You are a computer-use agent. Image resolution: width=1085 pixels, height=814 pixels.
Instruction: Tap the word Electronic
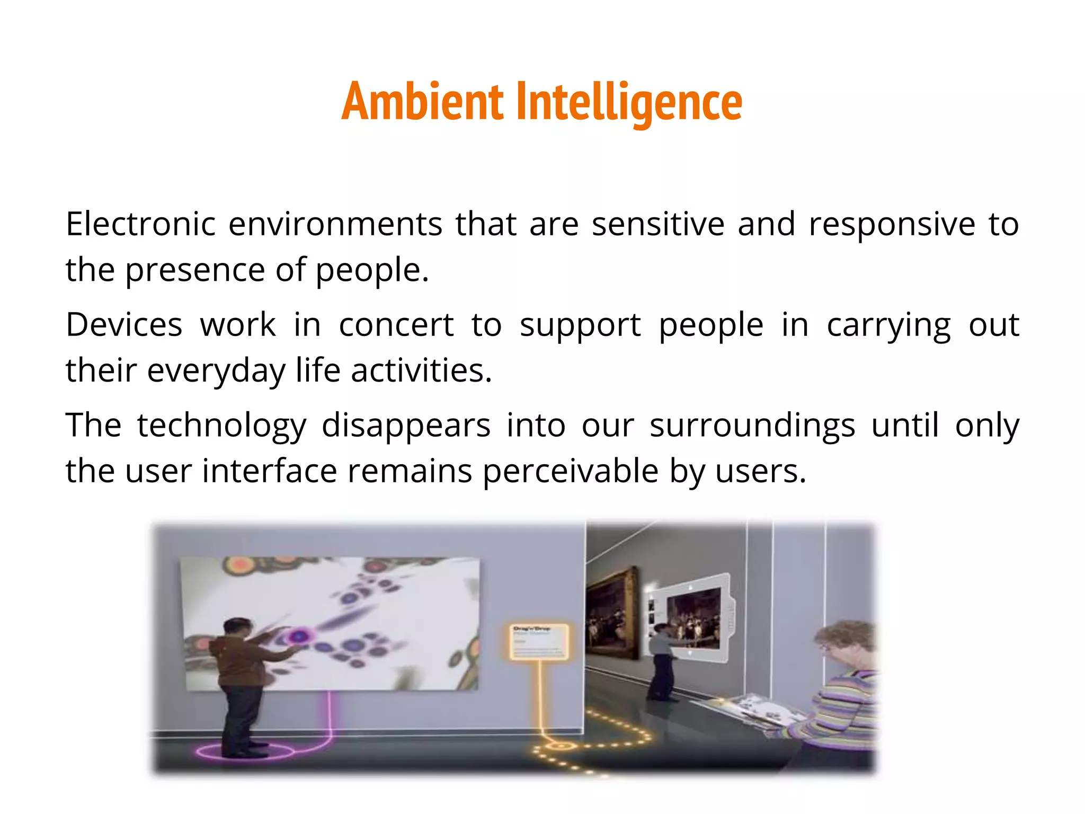(140, 224)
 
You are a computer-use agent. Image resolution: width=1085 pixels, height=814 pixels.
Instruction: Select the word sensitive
(658, 224)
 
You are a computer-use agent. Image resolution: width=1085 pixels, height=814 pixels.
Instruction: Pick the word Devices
(124, 324)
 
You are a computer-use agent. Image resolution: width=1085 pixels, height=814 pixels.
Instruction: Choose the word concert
(396, 324)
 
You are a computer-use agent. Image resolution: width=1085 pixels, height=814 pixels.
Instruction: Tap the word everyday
(216, 371)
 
